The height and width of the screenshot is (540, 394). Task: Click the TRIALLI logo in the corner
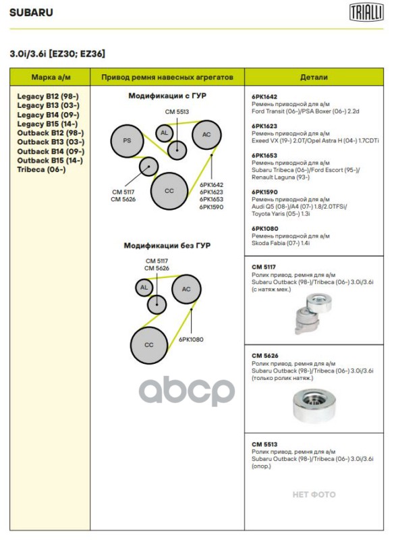366,13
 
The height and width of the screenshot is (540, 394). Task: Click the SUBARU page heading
31,13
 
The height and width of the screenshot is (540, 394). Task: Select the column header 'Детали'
314,77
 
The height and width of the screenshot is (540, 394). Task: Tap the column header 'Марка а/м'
51,77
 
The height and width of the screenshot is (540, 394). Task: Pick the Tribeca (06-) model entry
41,169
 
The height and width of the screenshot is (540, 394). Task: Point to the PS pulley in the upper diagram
127,141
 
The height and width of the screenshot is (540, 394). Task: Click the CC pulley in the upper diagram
169,191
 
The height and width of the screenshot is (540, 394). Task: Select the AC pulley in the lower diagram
186,289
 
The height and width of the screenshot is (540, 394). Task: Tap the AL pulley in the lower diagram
144,288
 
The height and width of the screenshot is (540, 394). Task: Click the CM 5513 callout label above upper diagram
177,111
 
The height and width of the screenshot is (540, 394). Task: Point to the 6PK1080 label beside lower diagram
191,340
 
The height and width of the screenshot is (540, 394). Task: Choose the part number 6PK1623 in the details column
264,126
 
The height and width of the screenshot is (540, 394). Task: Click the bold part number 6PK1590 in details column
264,192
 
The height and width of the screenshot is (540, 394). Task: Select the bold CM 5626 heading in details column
265,356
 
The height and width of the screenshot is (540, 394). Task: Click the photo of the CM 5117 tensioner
313,313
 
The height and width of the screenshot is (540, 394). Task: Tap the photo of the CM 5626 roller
314,406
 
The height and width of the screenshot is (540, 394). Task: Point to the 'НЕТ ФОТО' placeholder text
314,495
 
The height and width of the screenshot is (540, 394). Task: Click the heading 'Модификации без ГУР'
167,246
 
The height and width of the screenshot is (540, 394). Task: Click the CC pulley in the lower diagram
149,345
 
